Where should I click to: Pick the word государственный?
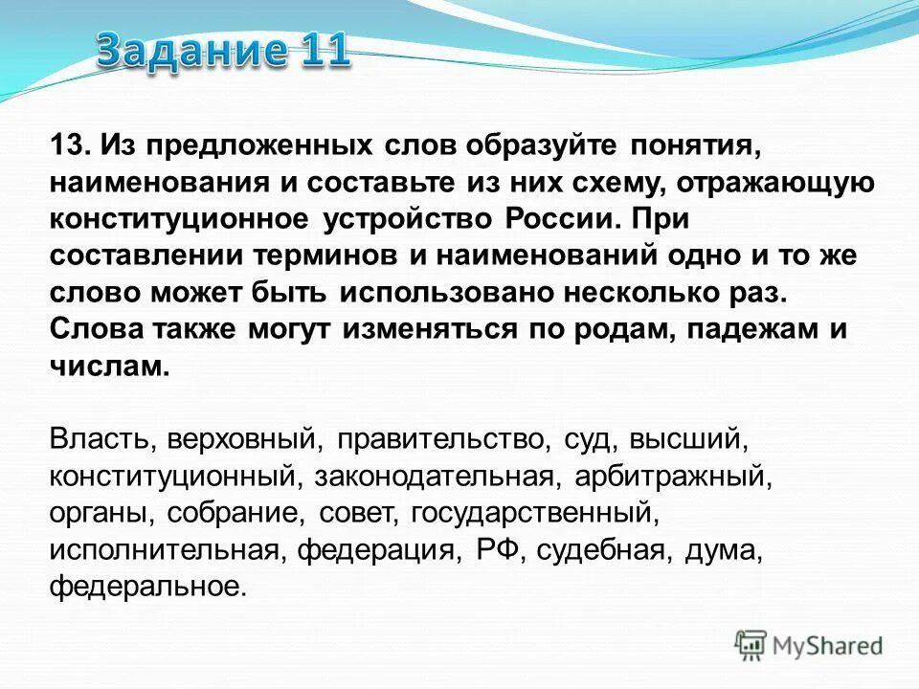coord(536,512)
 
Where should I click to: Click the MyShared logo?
coord(809,646)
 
